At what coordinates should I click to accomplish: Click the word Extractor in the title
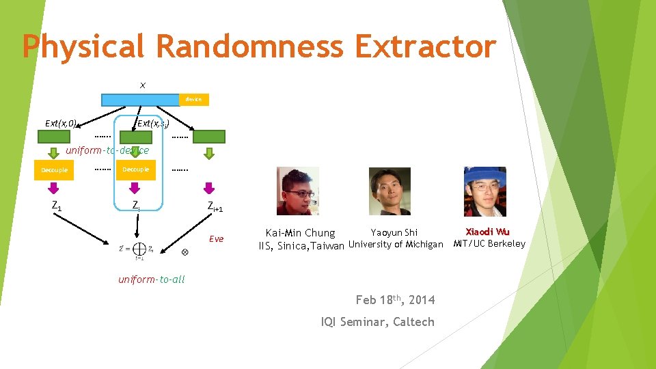click(x=425, y=46)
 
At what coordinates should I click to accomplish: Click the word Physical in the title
click(x=83, y=46)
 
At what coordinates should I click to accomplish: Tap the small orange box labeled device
click(x=193, y=100)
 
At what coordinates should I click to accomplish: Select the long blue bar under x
click(x=140, y=100)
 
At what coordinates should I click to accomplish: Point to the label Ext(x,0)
click(x=60, y=124)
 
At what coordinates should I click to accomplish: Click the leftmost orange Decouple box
click(x=54, y=170)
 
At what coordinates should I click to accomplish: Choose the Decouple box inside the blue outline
click(x=135, y=169)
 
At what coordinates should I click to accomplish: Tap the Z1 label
click(x=57, y=205)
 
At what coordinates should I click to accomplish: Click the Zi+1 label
click(x=215, y=207)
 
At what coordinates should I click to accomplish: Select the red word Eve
click(x=216, y=238)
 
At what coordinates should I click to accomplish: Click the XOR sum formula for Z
click(x=135, y=250)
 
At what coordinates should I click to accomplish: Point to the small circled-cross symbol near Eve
click(x=185, y=252)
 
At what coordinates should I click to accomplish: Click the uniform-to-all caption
click(x=151, y=279)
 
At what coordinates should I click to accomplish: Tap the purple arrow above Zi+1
click(x=209, y=187)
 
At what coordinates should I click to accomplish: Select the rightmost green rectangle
click(x=208, y=137)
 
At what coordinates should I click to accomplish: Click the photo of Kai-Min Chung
click(x=297, y=191)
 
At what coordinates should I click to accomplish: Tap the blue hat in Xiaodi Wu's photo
click(x=484, y=175)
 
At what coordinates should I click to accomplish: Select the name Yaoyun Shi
click(x=394, y=233)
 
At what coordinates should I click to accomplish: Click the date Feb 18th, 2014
click(x=395, y=299)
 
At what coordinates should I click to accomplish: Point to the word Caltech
click(x=413, y=322)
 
